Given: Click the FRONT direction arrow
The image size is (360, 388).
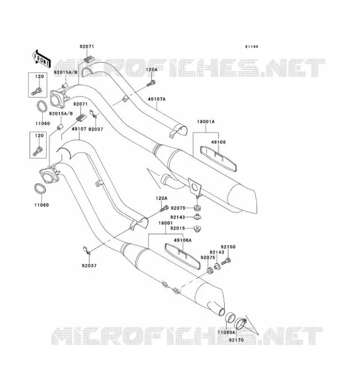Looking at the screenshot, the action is tap(42, 59).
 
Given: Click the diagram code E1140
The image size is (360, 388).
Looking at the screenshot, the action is tap(251, 47).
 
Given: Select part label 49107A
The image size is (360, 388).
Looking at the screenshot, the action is tap(157, 99).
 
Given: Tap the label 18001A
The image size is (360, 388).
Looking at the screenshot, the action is tap(206, 122).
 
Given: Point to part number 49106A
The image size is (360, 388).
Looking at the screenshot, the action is tap(183, 240).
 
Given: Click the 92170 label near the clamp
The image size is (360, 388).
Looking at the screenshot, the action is tap(236, 340).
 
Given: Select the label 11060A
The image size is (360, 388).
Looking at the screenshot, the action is tap(226, 332).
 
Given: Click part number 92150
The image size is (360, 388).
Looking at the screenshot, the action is tap(228, 247).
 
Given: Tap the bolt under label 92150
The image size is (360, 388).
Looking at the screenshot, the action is tap(226, 261).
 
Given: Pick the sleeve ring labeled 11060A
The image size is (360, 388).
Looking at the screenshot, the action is tap(229, 318).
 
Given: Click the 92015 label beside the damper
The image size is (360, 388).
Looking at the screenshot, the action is tap(178, 228).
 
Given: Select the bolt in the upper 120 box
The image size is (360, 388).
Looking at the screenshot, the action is tap(37, 92).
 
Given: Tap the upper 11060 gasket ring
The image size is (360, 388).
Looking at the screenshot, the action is tap(42, 106).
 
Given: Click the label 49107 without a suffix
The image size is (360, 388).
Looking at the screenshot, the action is tap(79, 129).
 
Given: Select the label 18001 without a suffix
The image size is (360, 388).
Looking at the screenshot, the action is tap(165, 223).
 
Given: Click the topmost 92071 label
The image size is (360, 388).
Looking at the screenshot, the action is tap(87, 47).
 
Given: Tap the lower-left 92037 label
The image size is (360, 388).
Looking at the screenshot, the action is tap(89, 265).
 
